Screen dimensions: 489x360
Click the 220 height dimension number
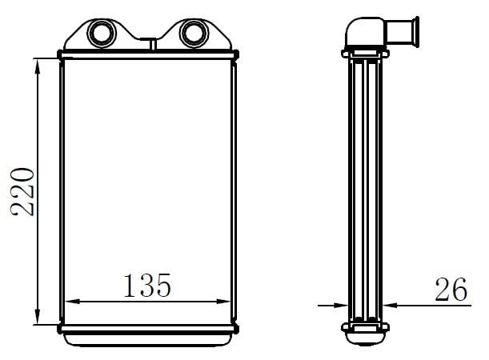[x=22, y=192]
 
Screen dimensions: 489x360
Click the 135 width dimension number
[x=147, y=285]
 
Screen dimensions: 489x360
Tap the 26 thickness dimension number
[x=451, y=290]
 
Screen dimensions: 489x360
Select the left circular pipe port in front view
[x=102, y=33]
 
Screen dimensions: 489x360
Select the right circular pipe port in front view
[x=194, y=33]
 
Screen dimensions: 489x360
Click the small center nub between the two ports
[x=153, y=44]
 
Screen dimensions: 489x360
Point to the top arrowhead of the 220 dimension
[x=38, y=66]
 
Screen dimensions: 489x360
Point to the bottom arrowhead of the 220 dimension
[x=38, y=316]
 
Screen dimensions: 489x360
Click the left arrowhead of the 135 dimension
[x=73, y=302]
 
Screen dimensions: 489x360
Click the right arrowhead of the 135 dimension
[x=223, y=302]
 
